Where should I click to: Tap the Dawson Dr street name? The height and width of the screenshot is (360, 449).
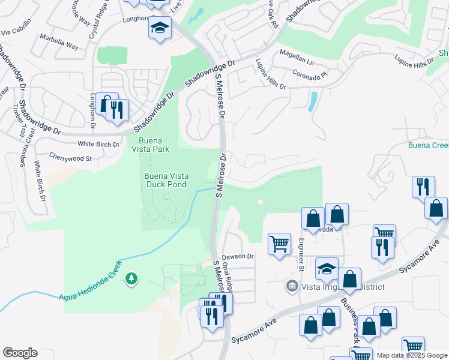click(239, 256)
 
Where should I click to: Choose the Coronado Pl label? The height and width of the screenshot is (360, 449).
click(309, 76)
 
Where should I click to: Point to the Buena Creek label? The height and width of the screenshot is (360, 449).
click(429, 145)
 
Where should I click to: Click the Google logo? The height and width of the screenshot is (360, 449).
click(20, 353)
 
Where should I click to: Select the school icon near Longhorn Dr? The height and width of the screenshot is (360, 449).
click(160, 29)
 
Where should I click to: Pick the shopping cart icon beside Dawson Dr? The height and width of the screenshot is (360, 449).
click(279, 244)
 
